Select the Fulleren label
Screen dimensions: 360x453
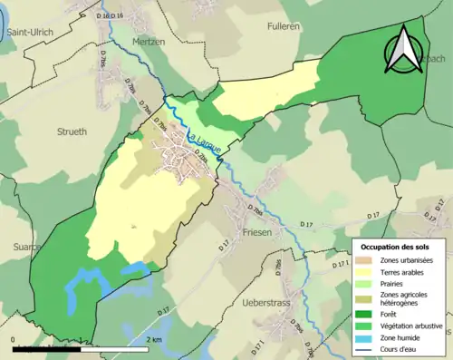tap(283, 27)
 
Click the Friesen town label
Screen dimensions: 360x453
tap(260, 231)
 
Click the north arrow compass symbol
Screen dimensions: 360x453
tap(403, 49)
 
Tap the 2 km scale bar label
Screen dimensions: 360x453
tap(154, 339)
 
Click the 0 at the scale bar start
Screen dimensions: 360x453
tap(14, 339)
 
